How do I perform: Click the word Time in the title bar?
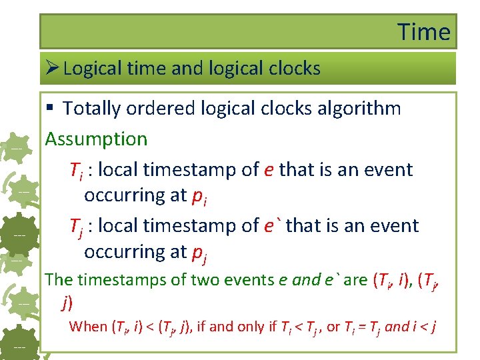[x=424, y=31]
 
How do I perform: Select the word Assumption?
[x=96, y=139]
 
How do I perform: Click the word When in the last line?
[x=88, y=326]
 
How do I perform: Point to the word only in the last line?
[x=259, y=326]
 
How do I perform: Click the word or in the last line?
[x=333, y=326]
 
